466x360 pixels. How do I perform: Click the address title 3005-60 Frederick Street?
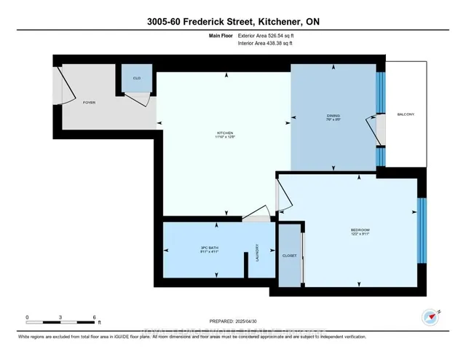coord(232,22)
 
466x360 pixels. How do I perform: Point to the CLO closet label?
coord(136,77)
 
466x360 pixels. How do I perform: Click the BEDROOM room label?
coord(360,232)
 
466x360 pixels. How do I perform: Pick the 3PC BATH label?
coord(210,249)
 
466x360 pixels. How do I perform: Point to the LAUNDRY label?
coord(257,251)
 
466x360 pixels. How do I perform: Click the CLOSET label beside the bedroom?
coord(289,257)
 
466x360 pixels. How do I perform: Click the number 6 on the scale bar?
coord(95,317)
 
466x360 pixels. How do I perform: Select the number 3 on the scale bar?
coord(61,317)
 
